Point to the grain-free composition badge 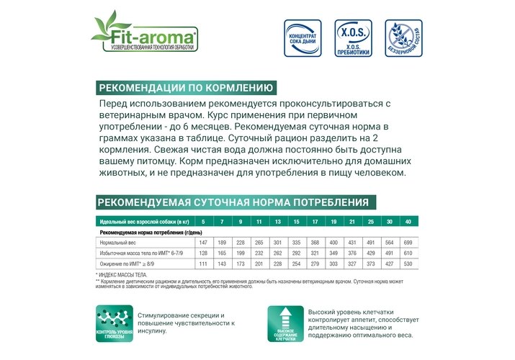tap(400, 38)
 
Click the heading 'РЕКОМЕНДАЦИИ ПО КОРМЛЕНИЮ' tap(186, 89)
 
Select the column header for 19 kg tap(333, 220)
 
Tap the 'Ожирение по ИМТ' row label tap(127, 264)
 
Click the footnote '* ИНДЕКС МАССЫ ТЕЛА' tap(122, 274)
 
